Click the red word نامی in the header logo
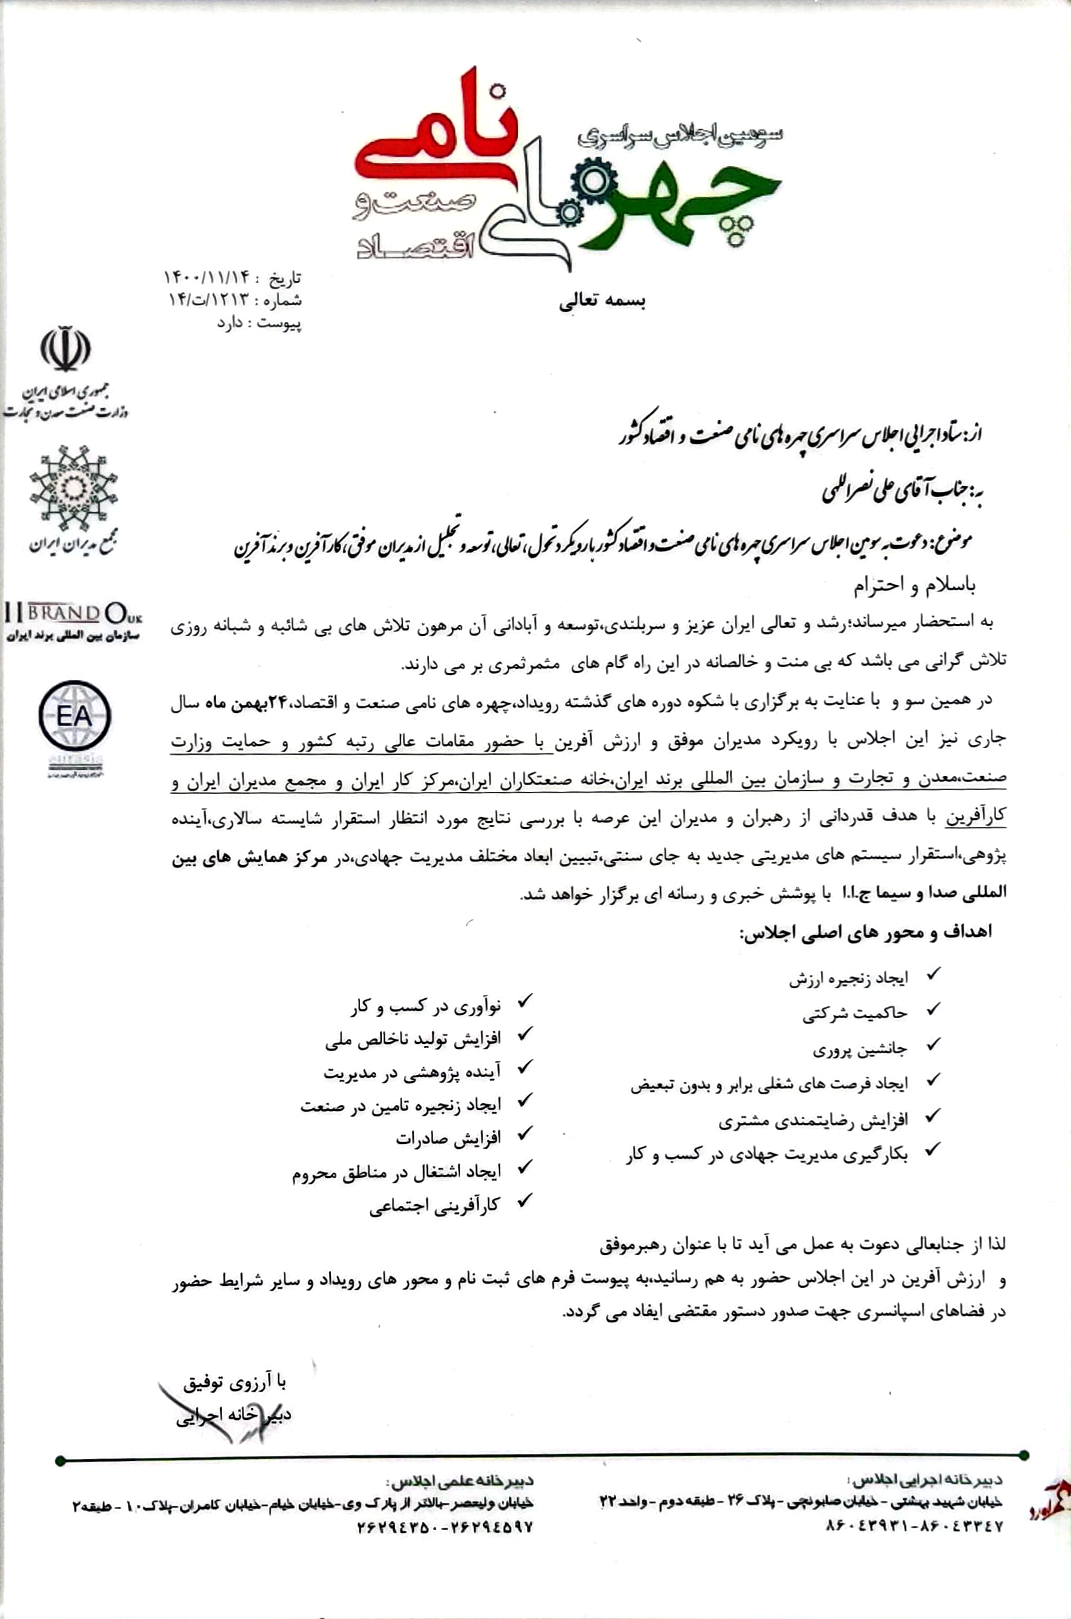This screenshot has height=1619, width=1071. tap(437, 140)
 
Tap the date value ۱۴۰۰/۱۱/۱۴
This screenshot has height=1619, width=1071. tap(208, 278)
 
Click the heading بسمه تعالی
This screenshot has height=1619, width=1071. tap(601, 302)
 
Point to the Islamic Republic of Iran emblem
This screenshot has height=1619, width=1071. tap(65, 349)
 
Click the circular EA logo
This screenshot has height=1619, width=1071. tap(74, 716)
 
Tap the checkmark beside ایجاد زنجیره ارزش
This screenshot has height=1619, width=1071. tap(932, 975)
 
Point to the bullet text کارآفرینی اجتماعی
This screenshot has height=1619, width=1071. tap(435, 1206)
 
